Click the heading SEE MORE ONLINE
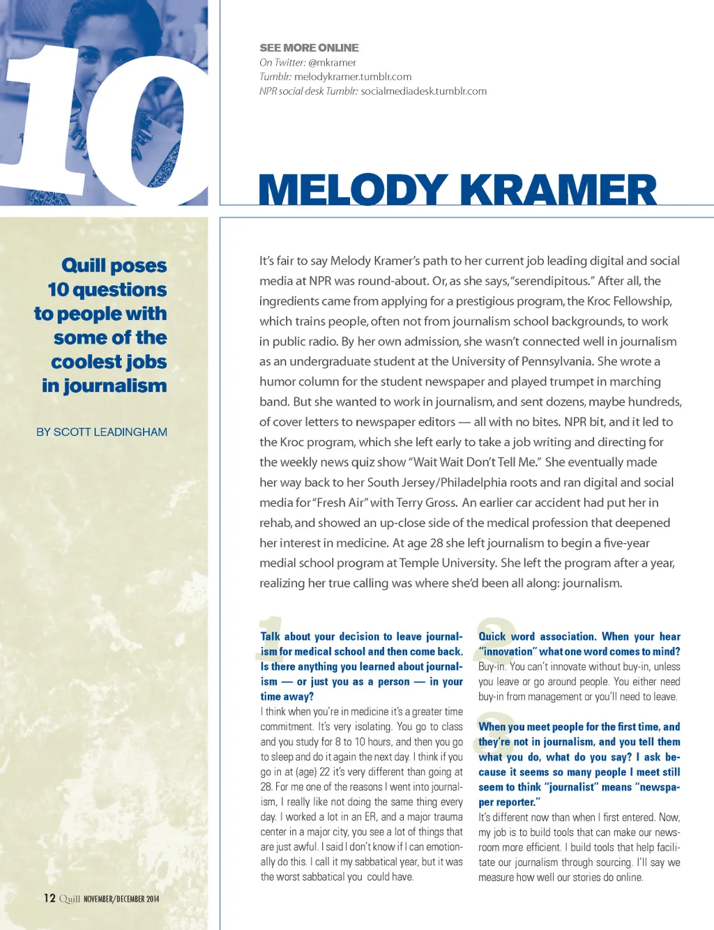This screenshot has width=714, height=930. [x=309, y=47]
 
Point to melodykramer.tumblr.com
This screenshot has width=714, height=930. [x=353, y=77]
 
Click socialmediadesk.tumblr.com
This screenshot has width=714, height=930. [x=424, y=91]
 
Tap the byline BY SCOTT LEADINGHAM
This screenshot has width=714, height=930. [x=102, y=432]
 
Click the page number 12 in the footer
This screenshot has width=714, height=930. [x=50, y=898]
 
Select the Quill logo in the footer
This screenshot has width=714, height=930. [x=70, y=899]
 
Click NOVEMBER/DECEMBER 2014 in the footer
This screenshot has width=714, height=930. [x=121, y=899]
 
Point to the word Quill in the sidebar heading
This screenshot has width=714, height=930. [x=84, y=266]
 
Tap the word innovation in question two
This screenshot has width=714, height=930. [x=508, y=652]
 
